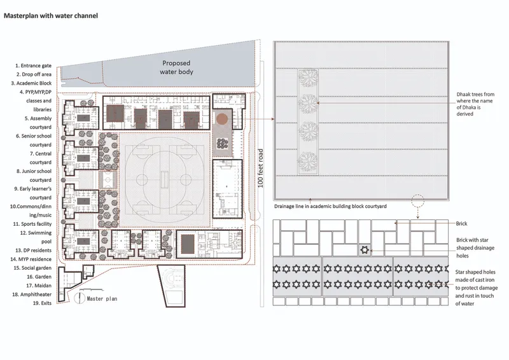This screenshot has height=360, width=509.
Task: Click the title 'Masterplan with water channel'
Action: pos(51,15)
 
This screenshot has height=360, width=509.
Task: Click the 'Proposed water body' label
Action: pos(176,67)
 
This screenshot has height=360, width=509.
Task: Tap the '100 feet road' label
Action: pos(260,168)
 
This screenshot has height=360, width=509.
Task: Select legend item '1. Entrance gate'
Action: pos(34,66)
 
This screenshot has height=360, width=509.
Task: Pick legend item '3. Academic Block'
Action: pos(31,83)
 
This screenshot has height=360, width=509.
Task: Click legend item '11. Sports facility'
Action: pos(32,224)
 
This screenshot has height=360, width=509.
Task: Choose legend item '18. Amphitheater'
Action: pos(32,294)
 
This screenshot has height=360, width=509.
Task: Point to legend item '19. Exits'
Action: pos(42,303)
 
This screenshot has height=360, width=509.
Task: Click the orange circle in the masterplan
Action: pos(222,119)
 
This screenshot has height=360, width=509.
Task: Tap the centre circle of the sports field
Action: pos(165,179)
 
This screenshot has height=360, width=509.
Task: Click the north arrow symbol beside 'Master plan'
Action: pos(79,298)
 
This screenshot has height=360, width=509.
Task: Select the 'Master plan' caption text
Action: pos(102,299)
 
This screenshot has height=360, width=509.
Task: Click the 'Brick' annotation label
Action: pos(461,224)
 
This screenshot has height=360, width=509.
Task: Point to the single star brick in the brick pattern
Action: pos(365,250)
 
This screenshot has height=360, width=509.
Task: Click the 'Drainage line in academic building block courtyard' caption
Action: pos(330,206)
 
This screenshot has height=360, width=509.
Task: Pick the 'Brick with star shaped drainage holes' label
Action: pos(475,247)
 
